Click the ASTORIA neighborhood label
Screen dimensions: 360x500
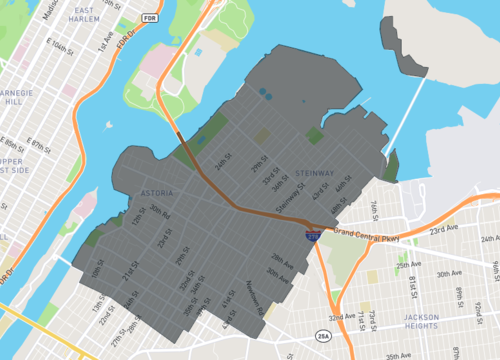point(157,192)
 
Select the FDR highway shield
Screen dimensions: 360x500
point(150,17)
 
